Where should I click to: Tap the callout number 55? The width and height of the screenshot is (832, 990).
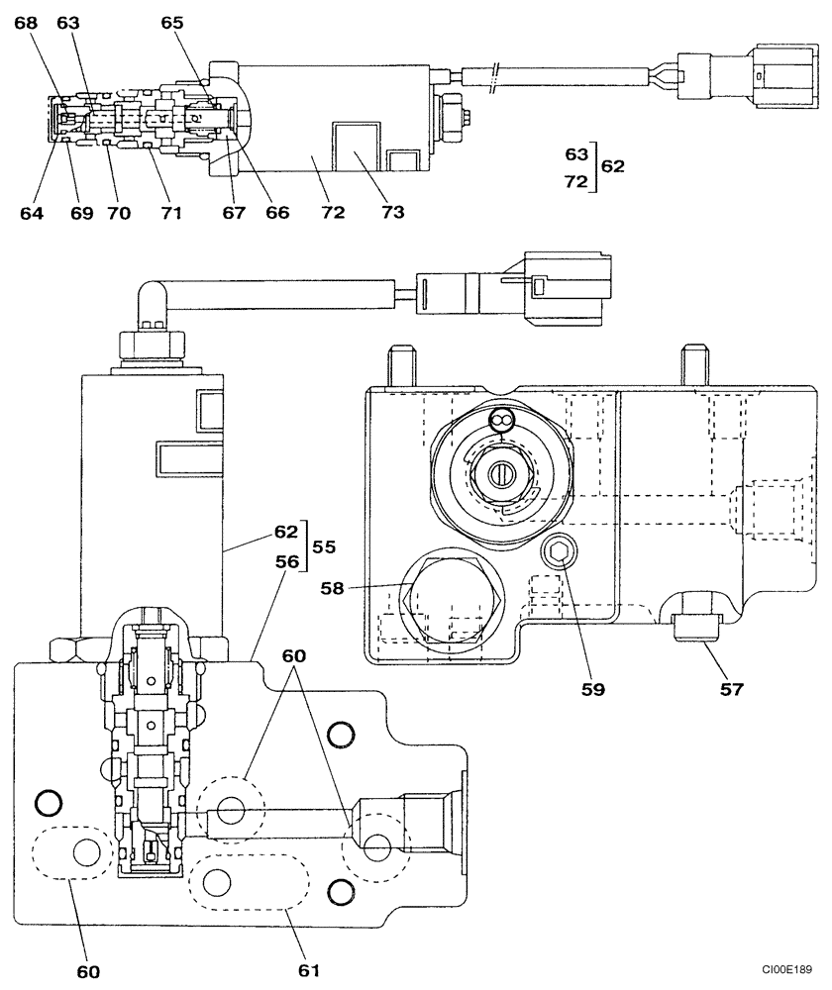click(325, 545)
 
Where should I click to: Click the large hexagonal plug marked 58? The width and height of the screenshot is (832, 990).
click(454, 599)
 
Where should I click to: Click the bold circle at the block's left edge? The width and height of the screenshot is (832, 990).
click(48, 800)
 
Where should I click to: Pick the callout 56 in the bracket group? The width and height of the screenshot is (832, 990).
click(286, 561)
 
